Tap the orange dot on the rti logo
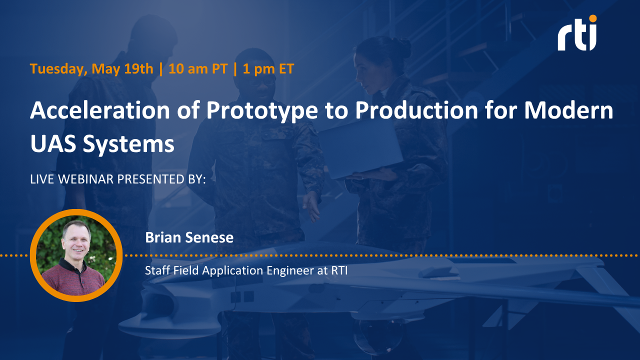coord(592,18)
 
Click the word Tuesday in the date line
coord(58,69)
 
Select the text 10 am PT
coord(198,69)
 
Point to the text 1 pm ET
coord(268,69)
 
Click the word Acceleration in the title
coord(100,110)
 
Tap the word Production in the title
coord(416,110)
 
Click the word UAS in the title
coord(53,143)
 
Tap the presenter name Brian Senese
coord(189,237)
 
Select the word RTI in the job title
coord(339,270)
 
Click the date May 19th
coord(122,69)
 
